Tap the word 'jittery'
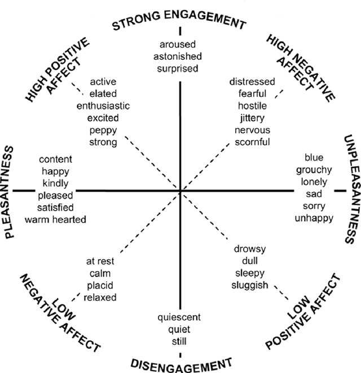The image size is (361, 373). [x=252, y=118]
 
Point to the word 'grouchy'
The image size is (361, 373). [x=318, y=169]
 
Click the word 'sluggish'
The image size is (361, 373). [x=250, y=285]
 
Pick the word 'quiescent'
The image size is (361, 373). [x=180, y=317]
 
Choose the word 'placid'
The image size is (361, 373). [x=99, y=285]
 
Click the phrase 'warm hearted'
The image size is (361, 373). [x=55, y=219]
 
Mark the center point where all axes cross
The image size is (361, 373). [x=180, y=191]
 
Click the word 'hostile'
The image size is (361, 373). [x=252, y=106]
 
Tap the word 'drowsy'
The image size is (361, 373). [x=249, y=248]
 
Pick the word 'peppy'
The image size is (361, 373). [x=103, y=130]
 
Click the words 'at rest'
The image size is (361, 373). [x=100, y=261]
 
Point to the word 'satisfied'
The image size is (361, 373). [x=55, y=207]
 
